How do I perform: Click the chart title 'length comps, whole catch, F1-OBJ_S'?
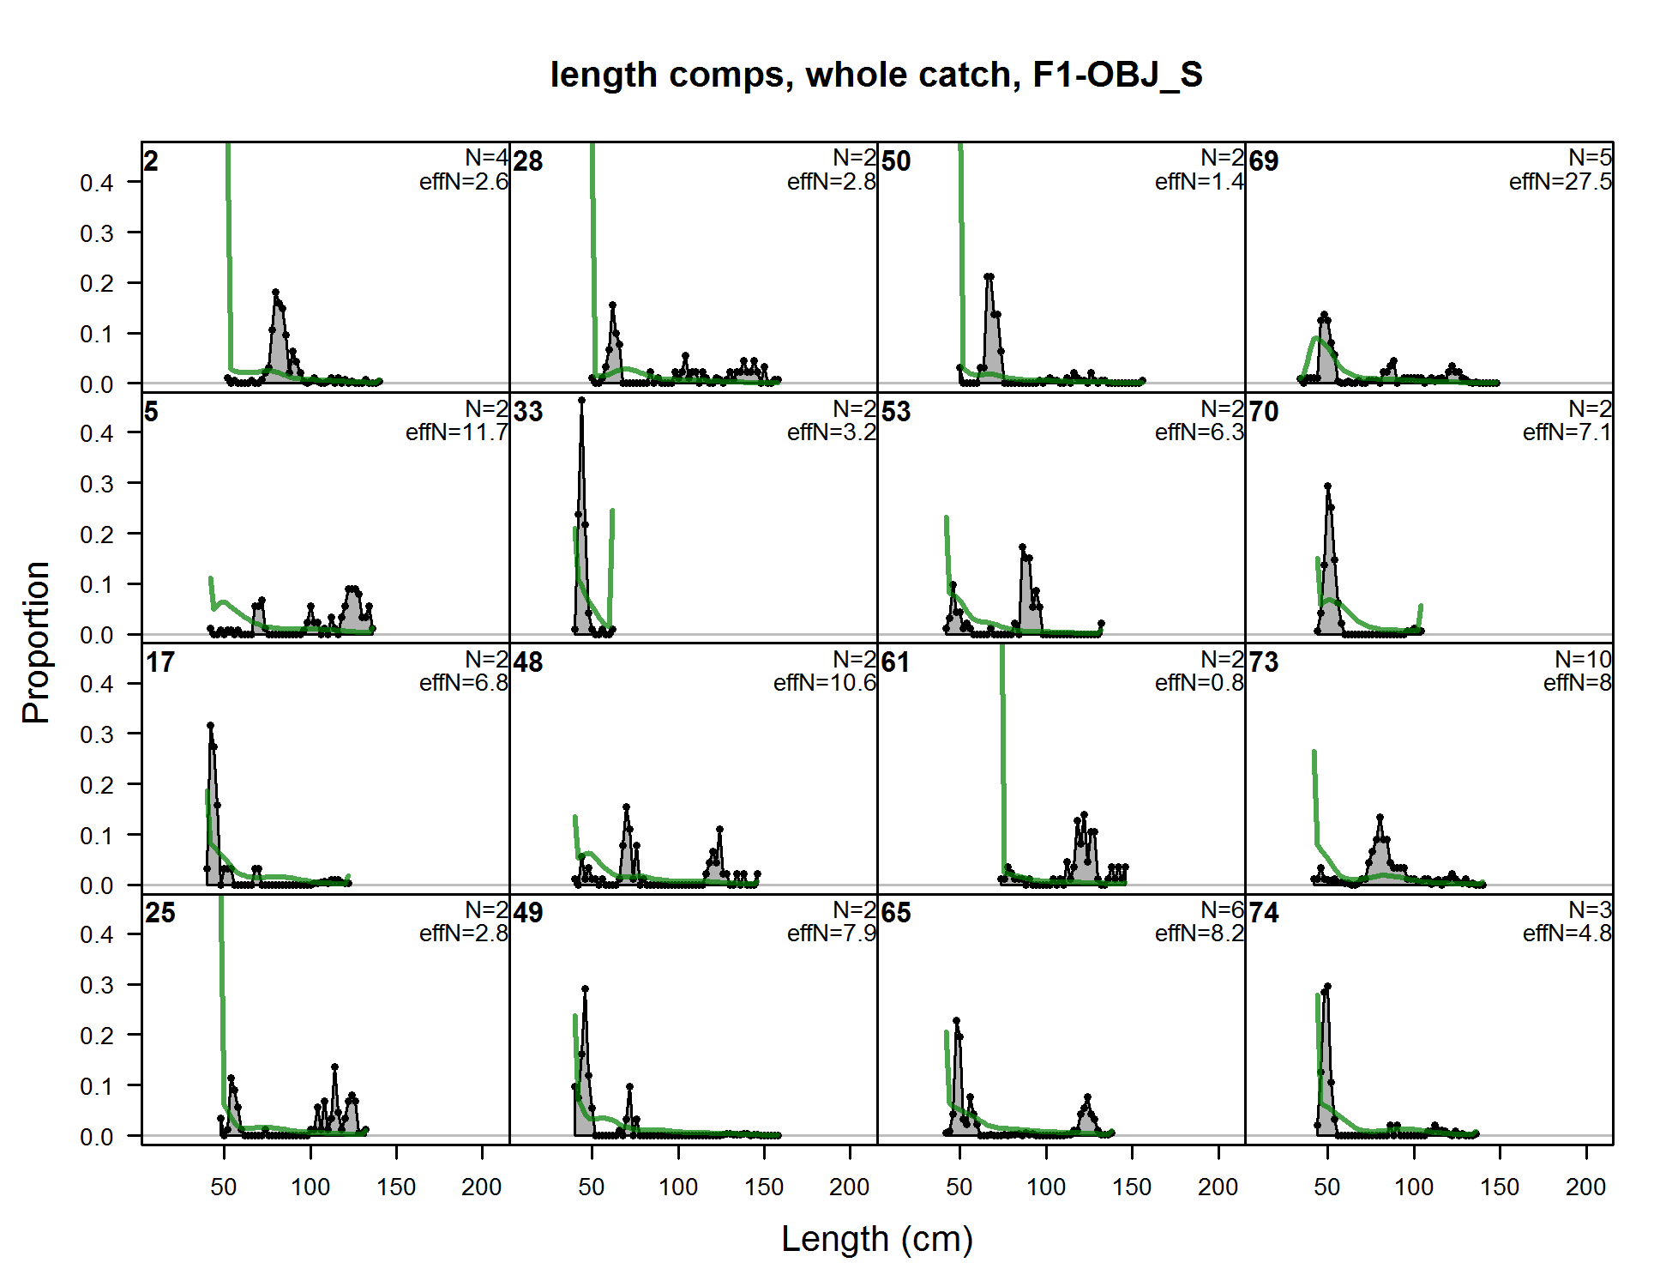coord(876,76)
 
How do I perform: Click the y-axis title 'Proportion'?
coord(36,643)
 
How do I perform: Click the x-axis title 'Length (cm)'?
coord(876,1239)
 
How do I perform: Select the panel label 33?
coord(528,412)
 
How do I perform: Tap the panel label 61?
coord(896,662)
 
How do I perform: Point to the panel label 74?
coord(1264,913)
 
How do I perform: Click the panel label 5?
coord(151,412)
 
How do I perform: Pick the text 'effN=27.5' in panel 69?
coord(1560,182)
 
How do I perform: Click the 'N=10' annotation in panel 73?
coord(1583,659)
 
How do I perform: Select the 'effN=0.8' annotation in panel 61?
coord(1199,683)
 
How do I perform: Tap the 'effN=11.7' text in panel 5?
coord(456,432)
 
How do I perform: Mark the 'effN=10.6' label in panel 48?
coord(824,683)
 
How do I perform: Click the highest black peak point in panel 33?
coord(581,400)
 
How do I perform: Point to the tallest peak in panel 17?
coord(210,726)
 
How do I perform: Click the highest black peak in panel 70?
coord(1327,486)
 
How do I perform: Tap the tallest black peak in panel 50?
coord(989,277)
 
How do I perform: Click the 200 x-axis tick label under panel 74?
coord(1585,1187)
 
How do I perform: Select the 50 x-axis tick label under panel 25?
coord(224,1187)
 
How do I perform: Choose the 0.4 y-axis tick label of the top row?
coord(97,183)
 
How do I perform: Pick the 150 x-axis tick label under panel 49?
coord(764,1187)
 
